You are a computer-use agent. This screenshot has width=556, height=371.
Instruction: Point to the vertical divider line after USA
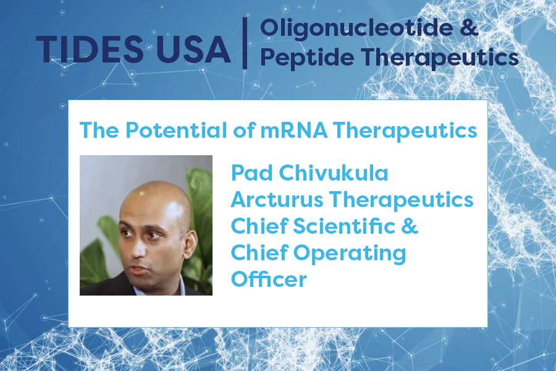[245, 42]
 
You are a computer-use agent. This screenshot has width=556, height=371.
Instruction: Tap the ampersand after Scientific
[410, 226]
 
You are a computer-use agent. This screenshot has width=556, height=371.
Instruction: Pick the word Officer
[269, 279]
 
